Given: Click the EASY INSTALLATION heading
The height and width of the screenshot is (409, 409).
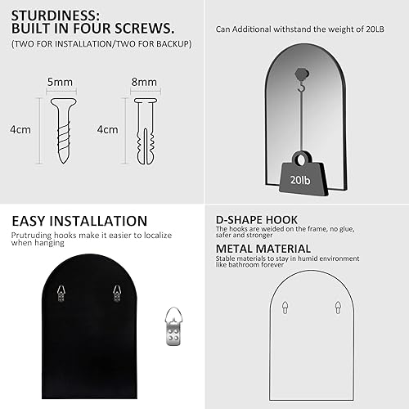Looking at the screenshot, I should pyautogui.click(x=79, y=221).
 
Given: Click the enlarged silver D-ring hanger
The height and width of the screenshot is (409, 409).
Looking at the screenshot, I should pyautogui.click(x=172, y=324).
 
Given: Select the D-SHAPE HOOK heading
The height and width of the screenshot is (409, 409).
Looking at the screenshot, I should pyautogui.click(x=256, y=220).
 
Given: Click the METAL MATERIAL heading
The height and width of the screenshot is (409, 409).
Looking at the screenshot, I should pyautogui.click(x=263, y=249).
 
